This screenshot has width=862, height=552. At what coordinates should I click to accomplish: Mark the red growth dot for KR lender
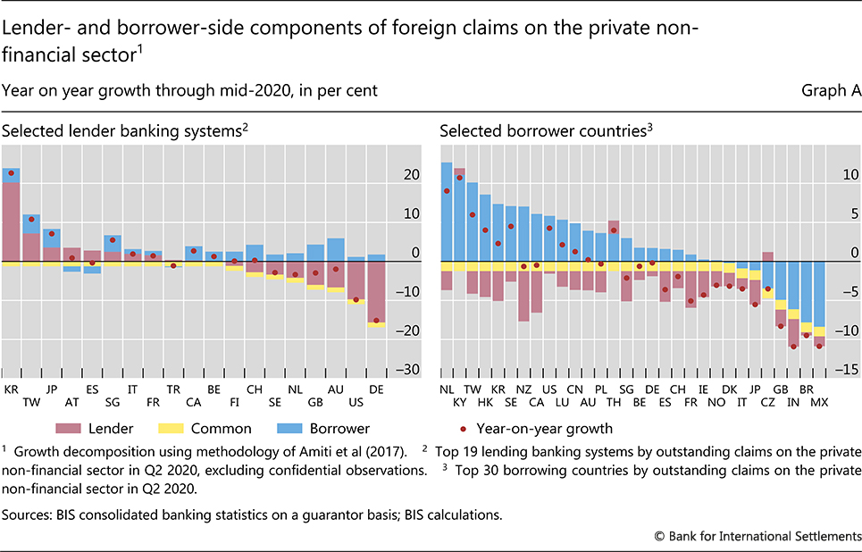click(x=11, y=172)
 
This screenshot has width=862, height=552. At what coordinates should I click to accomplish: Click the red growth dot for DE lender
click(x=376, y=320)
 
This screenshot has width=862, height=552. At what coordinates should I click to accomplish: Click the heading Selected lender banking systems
click(x=123, y=130)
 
